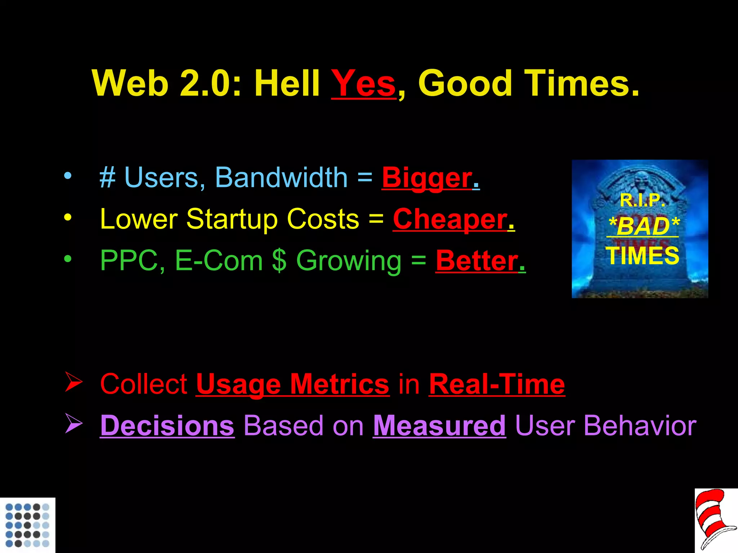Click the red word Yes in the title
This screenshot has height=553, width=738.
(x=363, y=84)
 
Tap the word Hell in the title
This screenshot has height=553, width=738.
(x=287, y=84)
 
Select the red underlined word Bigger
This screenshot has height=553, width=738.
(x=427, y=178)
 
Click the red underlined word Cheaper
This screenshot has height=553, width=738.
(x=450, y=219)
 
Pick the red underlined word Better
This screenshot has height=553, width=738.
(x=477, y=261)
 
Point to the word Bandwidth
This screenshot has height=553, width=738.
(x=281, y=178)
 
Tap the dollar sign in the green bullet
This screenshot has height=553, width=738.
(x=279, y=261)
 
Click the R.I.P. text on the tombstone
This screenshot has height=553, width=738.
(x=642, y=200)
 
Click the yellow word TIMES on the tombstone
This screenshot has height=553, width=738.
(x=642, y=256)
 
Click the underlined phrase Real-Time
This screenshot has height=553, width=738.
(x=497, y=385)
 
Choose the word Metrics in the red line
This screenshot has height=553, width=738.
(x=339, y=385)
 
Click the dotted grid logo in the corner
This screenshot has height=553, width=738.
(x=27, y=525)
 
